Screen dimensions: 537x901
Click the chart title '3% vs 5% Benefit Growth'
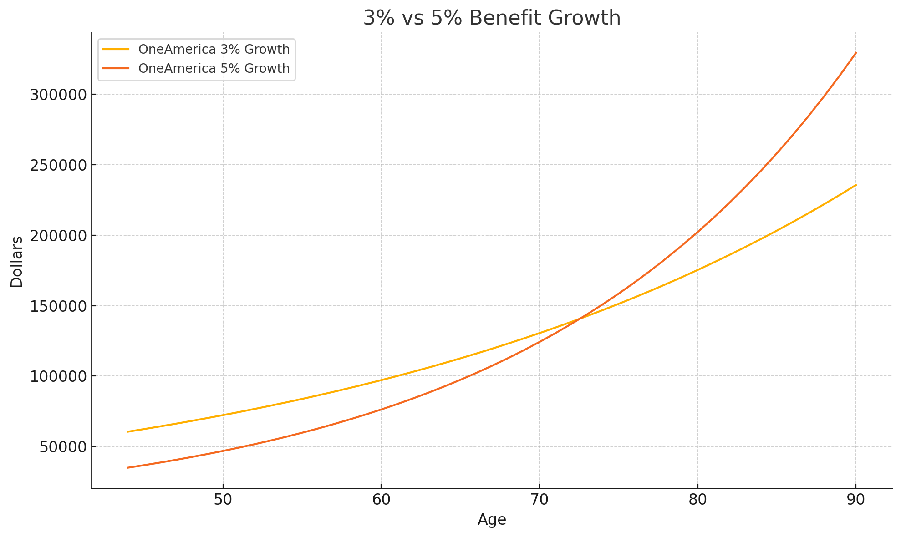(x=492, y=18)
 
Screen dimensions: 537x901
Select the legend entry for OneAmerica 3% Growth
(x=214, y=49)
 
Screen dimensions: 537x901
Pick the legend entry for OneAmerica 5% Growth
(x=214, y=68)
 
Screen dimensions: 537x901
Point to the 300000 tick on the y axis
(x=58, y=95)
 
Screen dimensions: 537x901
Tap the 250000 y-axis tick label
(x=58, y=165)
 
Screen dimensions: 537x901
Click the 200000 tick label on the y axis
(x=58, y=236)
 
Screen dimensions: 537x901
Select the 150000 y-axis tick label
(x=58, y=306)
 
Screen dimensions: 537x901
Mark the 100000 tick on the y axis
(x=58, y=376)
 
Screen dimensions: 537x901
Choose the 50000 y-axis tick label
(x=62, y=447)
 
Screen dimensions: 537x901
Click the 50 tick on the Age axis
(x=223, y=500)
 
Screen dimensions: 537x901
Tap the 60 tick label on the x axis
(x=381, y=500)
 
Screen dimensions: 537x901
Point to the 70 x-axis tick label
(x=539, y=500)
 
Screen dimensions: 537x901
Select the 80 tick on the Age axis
(x=697, y=500)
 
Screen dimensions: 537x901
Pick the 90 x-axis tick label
(x=856, y=500)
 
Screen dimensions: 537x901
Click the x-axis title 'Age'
(x=492, y=520)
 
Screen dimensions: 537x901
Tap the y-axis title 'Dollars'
(x=17, y=262)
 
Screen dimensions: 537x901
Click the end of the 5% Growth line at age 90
(x=856, y=53)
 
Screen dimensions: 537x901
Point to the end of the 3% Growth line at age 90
(x=856, y=185)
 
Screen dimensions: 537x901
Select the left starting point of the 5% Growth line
(x=128, y=467)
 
